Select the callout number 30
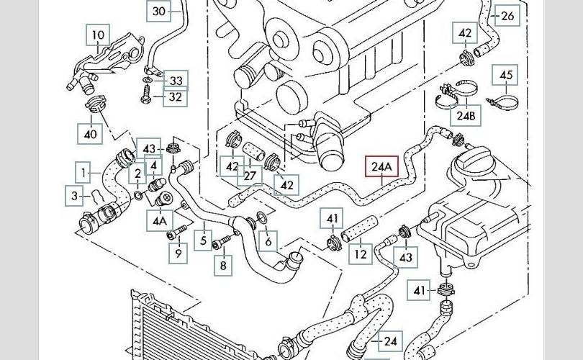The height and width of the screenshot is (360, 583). point(159,11)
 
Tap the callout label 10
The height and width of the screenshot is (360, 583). point(98,35)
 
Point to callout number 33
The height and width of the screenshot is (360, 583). point(175,80)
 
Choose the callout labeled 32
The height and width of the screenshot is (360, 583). point(174,96)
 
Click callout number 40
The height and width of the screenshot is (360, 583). point(90,133)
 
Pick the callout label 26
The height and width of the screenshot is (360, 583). point(508,15)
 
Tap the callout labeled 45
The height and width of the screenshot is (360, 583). point(506,75)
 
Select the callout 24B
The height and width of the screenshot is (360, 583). point(466,115)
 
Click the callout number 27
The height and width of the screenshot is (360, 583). point(250,176)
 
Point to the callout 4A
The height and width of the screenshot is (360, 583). point(159,220)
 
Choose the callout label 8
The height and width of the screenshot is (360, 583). point(222,266)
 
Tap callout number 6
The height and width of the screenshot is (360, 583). point(268,242)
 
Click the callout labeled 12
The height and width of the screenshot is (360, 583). point(361,253)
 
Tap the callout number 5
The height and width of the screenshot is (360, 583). point(204,241)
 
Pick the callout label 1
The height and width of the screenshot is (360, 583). point(85,172)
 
